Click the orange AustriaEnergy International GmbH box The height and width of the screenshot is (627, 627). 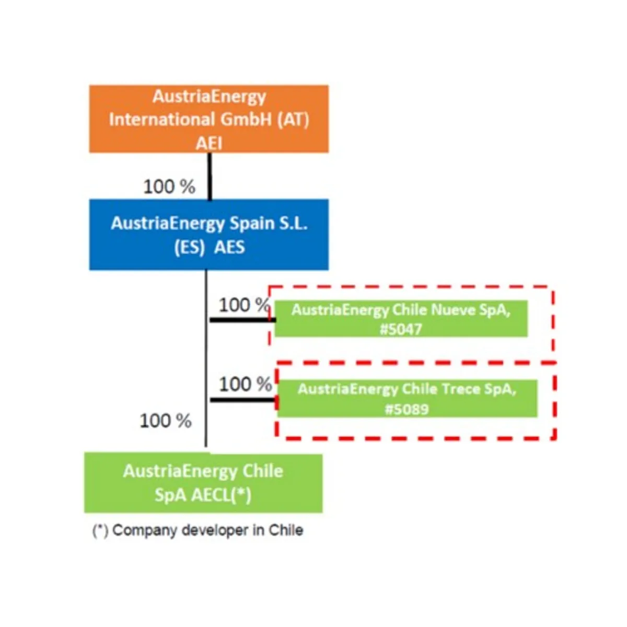click(x=209, y=119)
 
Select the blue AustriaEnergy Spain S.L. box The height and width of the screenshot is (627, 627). click(x=209, y=235)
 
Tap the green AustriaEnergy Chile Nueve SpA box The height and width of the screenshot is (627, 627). click(x=401, y=319)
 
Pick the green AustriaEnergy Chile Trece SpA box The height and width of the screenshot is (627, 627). click(x=407, y=398)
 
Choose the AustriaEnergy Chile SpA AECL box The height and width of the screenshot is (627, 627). click(x=203, y=483)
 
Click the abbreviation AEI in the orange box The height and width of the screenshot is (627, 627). click(x=209, y=144)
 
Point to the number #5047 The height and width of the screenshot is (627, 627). click(x=401, y=329)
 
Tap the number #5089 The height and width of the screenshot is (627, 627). click(x=407, y=409)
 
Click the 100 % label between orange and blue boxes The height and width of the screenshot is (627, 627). click(x=169, y=187)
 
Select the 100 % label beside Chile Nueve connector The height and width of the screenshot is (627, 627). click(x=245, y=305)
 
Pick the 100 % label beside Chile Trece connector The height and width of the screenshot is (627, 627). click(x=246, y=384)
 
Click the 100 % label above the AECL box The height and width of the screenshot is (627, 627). click(x=166, y=421)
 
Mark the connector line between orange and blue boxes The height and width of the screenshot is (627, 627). click(x=210, y=176)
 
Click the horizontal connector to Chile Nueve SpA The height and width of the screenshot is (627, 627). click(x=243, y=320)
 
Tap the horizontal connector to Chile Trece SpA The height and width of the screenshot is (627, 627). click(x=244, y=400)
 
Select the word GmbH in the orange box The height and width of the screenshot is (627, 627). click(x=246, y=120)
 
